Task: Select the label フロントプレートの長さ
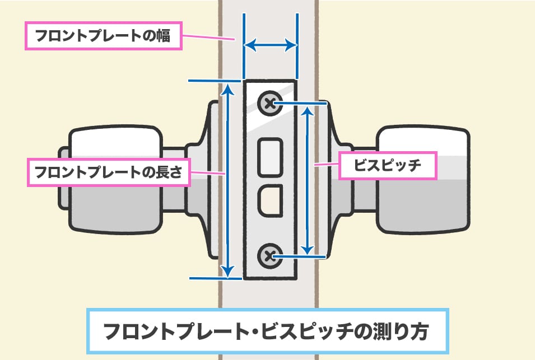(x=109, y=172)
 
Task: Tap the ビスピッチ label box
(x=388, y=165)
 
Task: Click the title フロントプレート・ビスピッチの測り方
(x=267, y=330)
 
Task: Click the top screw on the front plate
(x=269, y=104)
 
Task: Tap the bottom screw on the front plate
(x=269, y=256)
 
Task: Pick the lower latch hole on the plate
(x=270, y=198)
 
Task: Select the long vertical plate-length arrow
(x=227, y=179)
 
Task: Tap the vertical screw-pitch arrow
(x=306, y=179)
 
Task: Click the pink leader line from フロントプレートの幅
(x=208, y=39)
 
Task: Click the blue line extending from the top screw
(x=303, y=104)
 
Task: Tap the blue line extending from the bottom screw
(x=303, y=256)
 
